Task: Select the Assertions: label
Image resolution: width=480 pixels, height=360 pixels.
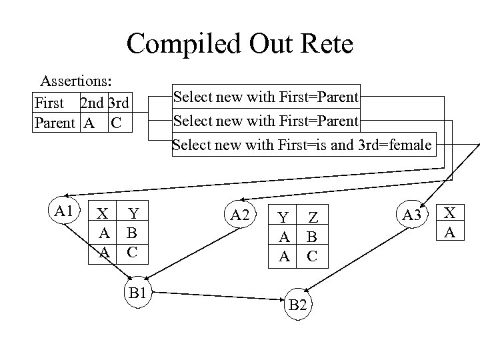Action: coord(76,81)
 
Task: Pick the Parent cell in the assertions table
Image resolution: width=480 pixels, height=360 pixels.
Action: coord(55,124)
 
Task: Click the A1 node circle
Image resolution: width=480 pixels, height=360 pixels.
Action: coord(65,211)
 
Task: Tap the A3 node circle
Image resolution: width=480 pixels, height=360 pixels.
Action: coord(413,215)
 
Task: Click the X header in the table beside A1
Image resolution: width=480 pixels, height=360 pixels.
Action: coord(103,213)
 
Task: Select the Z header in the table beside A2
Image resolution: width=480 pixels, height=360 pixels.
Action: coord(313,217)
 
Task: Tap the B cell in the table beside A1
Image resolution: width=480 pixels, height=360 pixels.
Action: coord(132,233)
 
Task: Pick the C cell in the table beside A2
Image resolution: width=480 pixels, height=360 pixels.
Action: coord(312,256)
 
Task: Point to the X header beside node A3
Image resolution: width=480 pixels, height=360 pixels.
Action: coord(451,213)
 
